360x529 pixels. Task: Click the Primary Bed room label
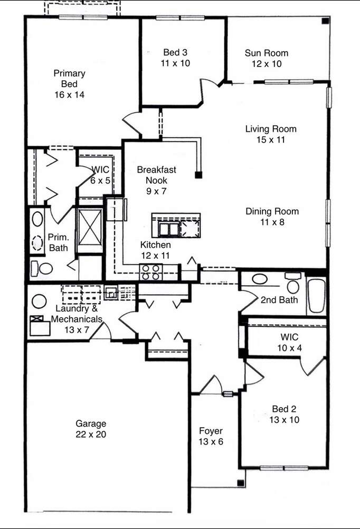point(69,79)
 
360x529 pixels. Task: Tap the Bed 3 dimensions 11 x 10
point(175,63)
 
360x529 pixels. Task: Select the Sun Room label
point(267,53)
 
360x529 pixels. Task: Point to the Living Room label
point(271,129)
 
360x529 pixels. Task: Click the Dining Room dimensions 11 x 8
point(272,222)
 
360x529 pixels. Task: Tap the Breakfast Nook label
point(157,175)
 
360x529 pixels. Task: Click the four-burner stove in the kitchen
point(150,272)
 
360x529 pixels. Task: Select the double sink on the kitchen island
point(168,230)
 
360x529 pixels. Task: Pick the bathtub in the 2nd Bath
point(316,296)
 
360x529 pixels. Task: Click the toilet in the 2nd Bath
point(293,283)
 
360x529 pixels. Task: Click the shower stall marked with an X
point(90,226)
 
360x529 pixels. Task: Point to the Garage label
point(91,424)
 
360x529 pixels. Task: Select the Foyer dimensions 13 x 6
point(211,441)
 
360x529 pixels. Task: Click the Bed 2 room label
point(284,409)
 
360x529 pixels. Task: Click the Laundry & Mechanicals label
point(77,314)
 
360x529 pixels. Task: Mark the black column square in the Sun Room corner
point(325,21)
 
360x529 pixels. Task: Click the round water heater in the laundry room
point(39,301)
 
